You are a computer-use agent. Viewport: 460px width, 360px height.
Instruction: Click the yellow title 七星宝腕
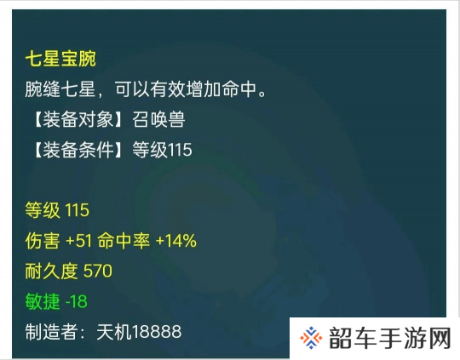60,59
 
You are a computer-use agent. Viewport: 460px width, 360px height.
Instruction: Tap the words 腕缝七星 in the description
60,89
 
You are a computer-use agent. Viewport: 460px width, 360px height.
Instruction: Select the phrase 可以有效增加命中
186,89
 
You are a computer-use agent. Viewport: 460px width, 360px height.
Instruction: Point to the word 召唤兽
158,120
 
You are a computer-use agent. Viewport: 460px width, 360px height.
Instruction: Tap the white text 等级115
162,150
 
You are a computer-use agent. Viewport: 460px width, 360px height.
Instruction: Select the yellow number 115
77,210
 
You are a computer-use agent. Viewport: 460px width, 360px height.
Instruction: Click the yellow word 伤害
43,241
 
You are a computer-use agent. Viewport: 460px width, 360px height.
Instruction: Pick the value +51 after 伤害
79,241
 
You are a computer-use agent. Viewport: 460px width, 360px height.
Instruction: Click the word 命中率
124,241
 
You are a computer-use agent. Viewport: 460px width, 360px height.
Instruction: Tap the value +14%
176,241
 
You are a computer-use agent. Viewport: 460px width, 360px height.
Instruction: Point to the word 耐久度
51,271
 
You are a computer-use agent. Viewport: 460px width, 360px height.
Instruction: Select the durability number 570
98,271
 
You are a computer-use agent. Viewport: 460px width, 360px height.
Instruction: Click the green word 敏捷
43,301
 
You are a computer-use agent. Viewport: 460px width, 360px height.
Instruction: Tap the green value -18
77,301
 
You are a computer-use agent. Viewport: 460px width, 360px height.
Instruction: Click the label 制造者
51,332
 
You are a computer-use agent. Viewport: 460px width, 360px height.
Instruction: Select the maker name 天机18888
139,332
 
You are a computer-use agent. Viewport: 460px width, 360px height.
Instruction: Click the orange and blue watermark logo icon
311,338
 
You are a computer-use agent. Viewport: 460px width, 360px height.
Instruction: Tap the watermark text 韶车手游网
390,339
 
